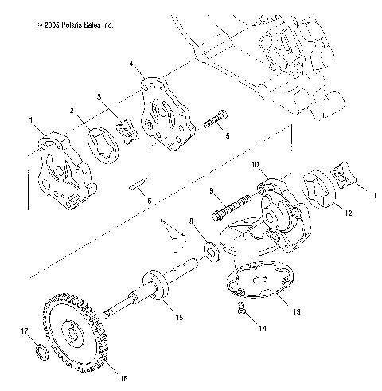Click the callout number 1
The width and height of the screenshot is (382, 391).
31,120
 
